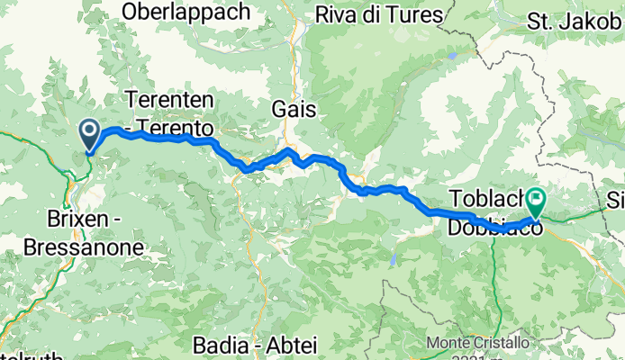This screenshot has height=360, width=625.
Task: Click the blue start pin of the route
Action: [x=91, y=135]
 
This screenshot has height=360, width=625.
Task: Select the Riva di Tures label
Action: [x=379, y=15]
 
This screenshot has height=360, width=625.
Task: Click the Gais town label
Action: [x=294, y=109]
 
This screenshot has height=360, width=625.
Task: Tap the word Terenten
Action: [x=168, y=98]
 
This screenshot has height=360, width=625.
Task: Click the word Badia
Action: [x=219, y=345]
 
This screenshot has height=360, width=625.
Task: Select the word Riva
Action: [x=336, y=15]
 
